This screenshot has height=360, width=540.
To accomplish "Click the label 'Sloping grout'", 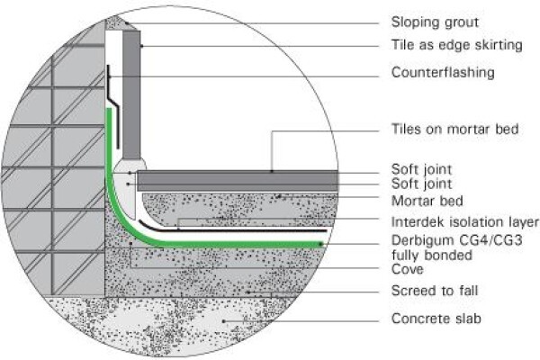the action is (x=435, y=22).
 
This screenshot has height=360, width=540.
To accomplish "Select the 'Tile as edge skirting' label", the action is (x=456, y=45).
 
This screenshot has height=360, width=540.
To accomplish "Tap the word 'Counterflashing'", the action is (x=443, y=73).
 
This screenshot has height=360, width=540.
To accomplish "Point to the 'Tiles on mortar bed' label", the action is (x=454, y=130).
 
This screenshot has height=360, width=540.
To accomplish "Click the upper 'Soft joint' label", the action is (x=421, y=169).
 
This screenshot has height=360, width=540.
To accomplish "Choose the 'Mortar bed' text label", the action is (x=427, y=201).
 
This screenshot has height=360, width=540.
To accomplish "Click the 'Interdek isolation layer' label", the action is (x=464, y=222).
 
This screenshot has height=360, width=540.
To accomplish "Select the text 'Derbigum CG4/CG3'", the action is (x=456, y=240).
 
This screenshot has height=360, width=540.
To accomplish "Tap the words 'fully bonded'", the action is (x=432, y=256).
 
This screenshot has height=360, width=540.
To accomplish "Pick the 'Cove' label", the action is (x=407, y=269).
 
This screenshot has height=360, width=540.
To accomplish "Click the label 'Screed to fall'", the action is (x=435, y=291).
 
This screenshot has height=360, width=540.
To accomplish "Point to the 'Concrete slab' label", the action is (x=436, y=319).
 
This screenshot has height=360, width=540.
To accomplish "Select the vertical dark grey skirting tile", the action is (x=131, y=94).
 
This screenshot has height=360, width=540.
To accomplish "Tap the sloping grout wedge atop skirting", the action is (x=117, y=23).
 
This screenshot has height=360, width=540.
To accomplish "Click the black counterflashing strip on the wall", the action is (x=113, y=107).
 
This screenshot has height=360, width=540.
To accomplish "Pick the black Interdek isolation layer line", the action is (x=232, y=230).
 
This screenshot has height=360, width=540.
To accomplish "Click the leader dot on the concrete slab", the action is (x=224, y=321).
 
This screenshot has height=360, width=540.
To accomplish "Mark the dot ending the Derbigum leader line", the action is (x=321, y=244).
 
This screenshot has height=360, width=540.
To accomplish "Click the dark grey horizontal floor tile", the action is (x=238, y=181).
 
